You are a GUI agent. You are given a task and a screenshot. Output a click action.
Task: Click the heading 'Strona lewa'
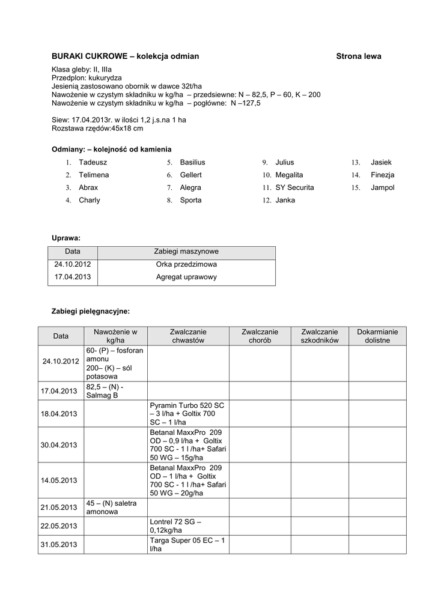(x=358, y=56)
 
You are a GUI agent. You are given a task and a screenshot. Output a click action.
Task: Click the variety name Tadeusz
(x=93, y=163)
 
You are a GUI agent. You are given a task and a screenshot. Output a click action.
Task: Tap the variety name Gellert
(x=191, y=175)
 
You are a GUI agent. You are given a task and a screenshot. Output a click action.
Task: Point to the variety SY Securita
(x=294, y=188)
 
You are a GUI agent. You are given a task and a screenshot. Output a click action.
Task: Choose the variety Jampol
(x=383, y=188)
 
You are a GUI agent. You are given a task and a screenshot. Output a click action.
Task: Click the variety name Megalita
(x=290, y=175)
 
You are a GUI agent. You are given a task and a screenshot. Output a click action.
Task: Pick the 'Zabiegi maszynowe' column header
(x=186, y=252)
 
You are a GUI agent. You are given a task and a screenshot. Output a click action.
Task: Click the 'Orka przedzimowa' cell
(x=186, y=265)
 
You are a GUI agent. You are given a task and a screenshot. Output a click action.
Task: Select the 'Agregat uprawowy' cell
(x=186, y=277)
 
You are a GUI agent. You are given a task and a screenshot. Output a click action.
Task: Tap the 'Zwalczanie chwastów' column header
(x=188, y=336)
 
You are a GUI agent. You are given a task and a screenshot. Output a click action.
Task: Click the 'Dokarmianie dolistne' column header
(x=377, y=336)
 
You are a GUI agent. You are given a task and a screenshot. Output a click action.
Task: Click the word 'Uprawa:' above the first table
(x=66, y=238)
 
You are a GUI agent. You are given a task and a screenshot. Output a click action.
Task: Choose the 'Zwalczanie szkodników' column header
(x=320, y=336)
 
